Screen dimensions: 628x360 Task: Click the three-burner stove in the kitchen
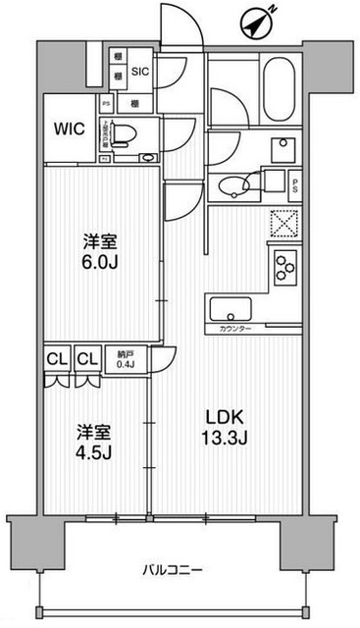point(284,267)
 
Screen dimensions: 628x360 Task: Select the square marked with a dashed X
point(283,224)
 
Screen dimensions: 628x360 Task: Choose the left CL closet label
point(54,360)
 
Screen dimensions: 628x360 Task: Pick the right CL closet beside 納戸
point(86,360)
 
